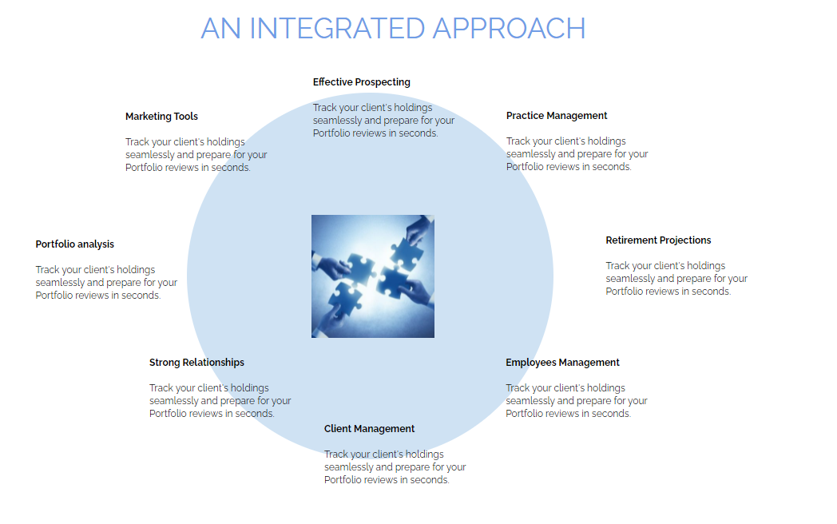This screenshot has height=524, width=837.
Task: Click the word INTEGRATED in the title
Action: (x=337, y=29)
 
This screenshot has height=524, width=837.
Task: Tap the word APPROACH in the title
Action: (x=510, y=29)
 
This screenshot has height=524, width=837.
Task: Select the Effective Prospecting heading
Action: (x=361, y=82)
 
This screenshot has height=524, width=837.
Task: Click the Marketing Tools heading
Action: (x=161, y=117)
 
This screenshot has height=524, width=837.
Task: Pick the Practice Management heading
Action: (x=557, y=116)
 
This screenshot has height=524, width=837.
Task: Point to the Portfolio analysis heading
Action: (x=75, y=244)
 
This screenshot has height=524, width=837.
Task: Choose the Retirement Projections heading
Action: (x=658, y=240)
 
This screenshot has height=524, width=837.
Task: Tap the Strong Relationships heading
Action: (x=196, y=363)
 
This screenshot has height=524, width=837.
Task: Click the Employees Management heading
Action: (x=562, y=363)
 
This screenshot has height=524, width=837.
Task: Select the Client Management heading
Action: (x=369, y=429)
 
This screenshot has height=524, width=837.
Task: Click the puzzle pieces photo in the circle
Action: (x=373, y=276)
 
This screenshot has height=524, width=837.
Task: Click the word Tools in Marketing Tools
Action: (x=185, y=117)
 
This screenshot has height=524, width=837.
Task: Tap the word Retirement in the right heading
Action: (x=632, y=240)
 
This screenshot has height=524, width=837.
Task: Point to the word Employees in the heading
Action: (x=530, y=363)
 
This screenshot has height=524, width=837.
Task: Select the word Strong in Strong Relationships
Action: (x=165, y=363)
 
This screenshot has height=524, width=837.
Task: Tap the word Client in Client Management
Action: (x=338, y=429)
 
